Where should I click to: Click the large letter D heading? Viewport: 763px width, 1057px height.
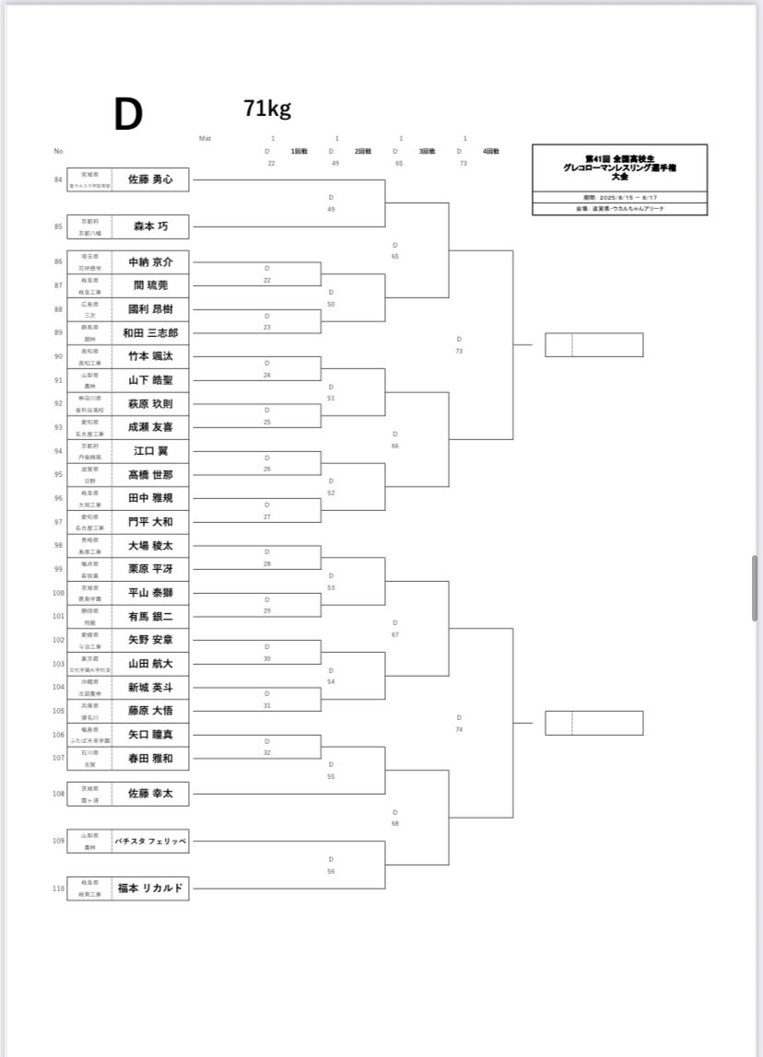pos(128,115)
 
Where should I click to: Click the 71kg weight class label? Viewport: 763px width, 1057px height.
pos(267,109)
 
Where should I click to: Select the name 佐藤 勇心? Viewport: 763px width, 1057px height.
pos(150,180)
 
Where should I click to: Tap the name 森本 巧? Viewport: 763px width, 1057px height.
pos(150,226)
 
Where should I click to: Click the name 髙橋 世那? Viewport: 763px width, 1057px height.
pos(150,474)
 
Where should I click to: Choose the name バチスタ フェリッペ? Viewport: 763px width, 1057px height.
pos(150,842)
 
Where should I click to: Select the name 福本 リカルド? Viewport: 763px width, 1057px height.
pos(150,889)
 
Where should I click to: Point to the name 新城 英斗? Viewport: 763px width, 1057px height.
pos(150,687)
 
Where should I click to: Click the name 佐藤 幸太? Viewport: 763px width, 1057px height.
pos(150,794)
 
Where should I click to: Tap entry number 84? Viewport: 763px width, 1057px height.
pos(58,180)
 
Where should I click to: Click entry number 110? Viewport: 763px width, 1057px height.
pos(58,889)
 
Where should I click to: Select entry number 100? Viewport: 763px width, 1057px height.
pos(58,593)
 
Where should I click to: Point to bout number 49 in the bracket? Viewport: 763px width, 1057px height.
pos(331,210)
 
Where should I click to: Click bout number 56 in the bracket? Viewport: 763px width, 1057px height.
pos(331,871)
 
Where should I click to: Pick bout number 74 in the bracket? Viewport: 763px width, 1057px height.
pos(459,729)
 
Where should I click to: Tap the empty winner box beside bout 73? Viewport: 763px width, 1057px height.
pos(593,345)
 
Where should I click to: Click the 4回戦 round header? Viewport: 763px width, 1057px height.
pos(491,151)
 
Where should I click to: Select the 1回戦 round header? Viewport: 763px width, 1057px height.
pos(299,151)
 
